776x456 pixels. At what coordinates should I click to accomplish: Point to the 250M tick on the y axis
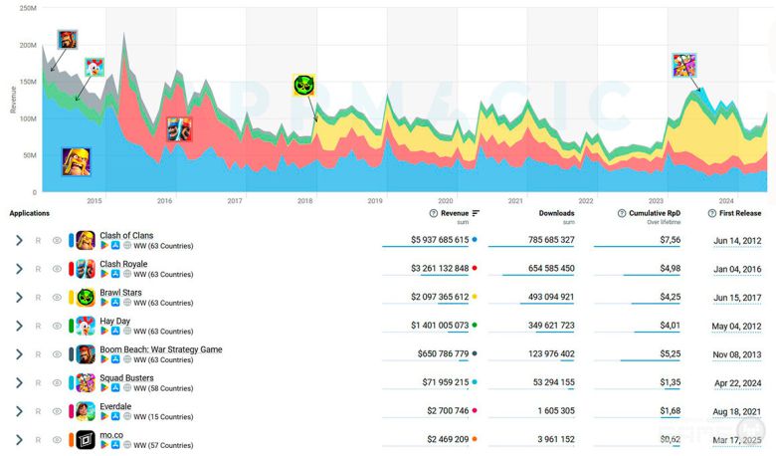pos(28,8)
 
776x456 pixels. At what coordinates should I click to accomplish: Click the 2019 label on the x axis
pos(375,201)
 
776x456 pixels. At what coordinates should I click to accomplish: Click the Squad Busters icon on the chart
pos(684,66)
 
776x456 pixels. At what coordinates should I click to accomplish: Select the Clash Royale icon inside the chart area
pos(179,129)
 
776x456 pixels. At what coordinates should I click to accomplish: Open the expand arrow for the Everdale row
pos(19,411)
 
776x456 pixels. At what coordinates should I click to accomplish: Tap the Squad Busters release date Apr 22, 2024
pos(737,382)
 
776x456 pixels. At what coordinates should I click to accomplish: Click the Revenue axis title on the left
pos(13,100)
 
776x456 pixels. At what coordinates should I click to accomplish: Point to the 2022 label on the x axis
pos(586,201)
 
